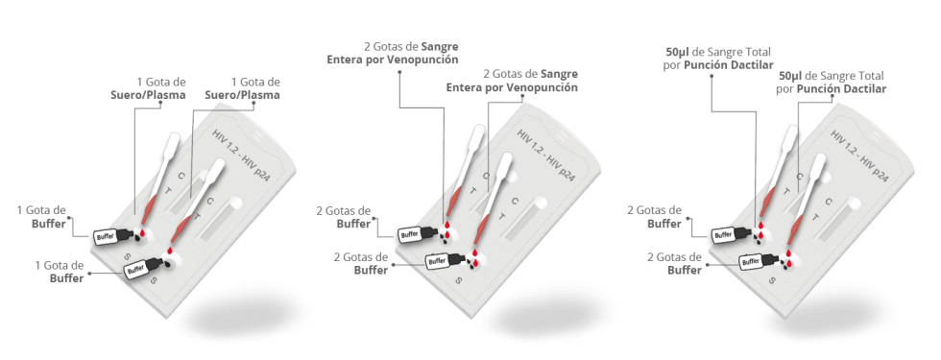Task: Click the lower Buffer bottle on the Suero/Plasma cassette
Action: click(x=140, y=270)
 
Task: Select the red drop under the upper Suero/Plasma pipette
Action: click(x=141, y=233)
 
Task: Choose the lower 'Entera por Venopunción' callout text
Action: click(x=513, y=86)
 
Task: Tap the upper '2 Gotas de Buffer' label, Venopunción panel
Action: click(x=344, y=217)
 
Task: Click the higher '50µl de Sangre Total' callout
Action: click(x=720, y=50)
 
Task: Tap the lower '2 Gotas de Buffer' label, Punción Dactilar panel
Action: click(x=674, y=264)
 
